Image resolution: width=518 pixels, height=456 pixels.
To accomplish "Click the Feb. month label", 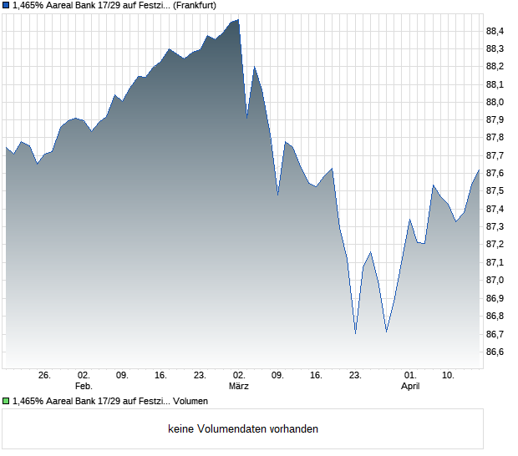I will [83, 387].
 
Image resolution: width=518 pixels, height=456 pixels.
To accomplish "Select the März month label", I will [239, 387].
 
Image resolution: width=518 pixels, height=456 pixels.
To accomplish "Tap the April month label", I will [410, 387].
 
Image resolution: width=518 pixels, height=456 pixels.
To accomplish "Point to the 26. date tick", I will [45, 376].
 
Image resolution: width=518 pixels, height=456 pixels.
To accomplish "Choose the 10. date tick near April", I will [449, 376].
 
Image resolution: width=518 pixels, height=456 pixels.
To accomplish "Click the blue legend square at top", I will [6, 5].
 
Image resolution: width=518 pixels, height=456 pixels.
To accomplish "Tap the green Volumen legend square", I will [6, 401].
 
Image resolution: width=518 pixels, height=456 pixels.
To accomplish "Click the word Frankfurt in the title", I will [194, 5].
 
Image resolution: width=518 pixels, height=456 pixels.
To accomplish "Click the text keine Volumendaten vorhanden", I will [243, 429].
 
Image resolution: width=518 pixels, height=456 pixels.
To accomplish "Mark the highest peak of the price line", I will [238, 19].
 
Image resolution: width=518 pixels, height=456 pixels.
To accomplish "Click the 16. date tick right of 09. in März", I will [316, 376].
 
